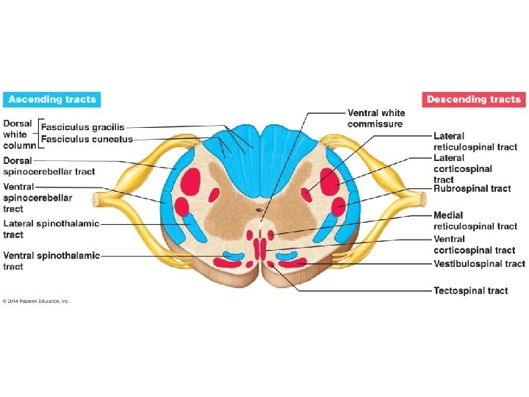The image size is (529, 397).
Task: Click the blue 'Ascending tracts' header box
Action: point(51,99)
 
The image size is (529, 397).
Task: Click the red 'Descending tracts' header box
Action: point(474,99)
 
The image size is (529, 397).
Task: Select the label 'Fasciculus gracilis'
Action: point(82,127)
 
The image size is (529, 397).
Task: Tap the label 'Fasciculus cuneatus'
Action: point(87,139)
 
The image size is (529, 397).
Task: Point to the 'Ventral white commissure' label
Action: point(375,118)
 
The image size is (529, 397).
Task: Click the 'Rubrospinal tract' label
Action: point(472,189)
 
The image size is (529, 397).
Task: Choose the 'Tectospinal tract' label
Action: point(470,290)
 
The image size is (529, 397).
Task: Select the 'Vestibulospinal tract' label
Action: point(479,263)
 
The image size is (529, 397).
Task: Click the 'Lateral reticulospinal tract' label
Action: point(475,142)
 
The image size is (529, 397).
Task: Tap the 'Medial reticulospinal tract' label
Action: point(475,221)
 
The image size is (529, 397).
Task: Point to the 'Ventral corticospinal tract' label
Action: point(474,245)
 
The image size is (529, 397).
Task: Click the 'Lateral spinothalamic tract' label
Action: point(51,229)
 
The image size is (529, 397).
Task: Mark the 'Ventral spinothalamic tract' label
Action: point(51,261)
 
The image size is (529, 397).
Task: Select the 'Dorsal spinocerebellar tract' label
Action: point(48,165)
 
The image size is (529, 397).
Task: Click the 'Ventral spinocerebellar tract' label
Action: point(37,198)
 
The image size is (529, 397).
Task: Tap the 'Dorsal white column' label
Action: point(18,134)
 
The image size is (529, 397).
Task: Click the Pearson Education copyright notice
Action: point(36,301)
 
